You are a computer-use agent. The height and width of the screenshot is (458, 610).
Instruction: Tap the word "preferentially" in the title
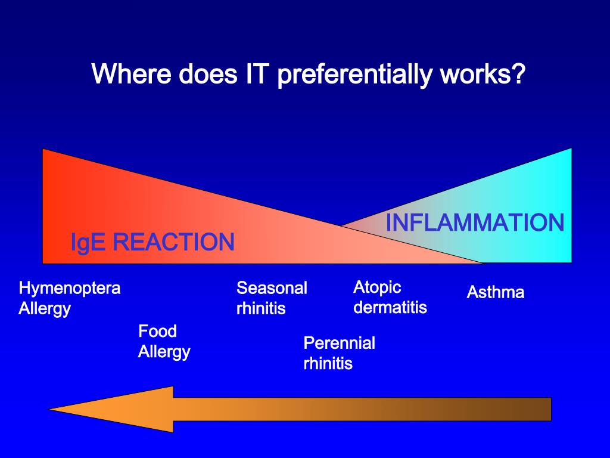tap(354, 75)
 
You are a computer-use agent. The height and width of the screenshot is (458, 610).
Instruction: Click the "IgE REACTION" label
tap(152, 243)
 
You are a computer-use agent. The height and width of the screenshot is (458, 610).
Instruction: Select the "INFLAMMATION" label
tap(475, 223)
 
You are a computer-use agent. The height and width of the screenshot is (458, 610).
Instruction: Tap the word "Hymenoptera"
tap(70, 289)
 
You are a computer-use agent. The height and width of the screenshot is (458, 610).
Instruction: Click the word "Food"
tap(158, 331)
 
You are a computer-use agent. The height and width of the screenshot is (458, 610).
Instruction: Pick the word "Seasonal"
tap(272, 289)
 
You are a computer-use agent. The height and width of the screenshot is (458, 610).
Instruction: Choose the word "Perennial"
tap(339, 343)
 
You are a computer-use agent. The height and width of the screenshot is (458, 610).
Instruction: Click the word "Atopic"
tap(377, 287)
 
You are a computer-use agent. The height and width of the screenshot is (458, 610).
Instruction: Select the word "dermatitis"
tap(390, 308)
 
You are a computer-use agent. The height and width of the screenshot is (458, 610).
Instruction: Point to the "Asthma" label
tap(495, 292)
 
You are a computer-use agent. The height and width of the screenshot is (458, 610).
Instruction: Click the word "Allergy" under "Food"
tap(164, 352)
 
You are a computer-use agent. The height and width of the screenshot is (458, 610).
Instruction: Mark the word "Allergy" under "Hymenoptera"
tap(45, 310)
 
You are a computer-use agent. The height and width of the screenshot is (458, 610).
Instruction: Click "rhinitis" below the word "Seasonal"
tap(261, 309)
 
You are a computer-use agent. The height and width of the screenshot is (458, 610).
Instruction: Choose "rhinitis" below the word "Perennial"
tap(328, 364)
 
